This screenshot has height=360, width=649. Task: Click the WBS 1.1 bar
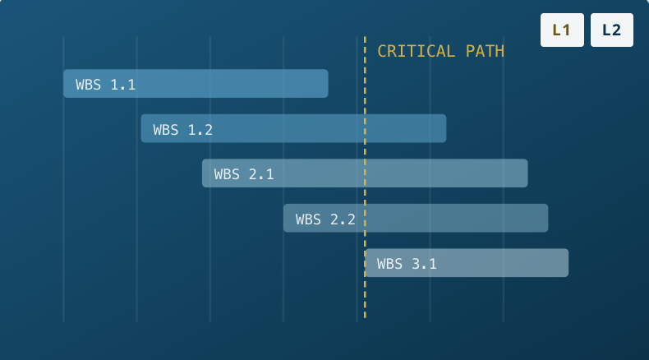click(x=196, y=84)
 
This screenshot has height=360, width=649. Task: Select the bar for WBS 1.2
click(x=293, y=128)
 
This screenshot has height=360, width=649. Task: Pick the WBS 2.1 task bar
click(x=365, y=173)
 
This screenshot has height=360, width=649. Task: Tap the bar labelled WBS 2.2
click(x=416, y=218)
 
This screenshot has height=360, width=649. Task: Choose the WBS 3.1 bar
click(x=467, y=263)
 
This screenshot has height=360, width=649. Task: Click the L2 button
click(x=612, y=30)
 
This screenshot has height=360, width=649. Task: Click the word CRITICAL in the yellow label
click(x=416, y=51)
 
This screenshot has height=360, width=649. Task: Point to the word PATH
click(x=485, y=51)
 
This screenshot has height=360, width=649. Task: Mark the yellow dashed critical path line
click(x=365, y=178)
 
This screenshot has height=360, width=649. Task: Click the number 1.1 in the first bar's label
click(x=123, y=85)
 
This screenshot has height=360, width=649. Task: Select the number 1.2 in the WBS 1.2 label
click(x=200, y=130)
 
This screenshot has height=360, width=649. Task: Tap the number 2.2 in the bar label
click(x=343, y=219)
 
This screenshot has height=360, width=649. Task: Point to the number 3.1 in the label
click(x=424, y=264)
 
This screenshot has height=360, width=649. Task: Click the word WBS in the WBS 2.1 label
click(x=227, y=174)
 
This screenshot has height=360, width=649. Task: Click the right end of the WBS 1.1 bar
click(x=328, y=84)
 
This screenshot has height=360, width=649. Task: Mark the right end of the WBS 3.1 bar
click(x=568, y=263)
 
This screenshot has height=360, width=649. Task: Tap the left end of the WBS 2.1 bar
click(x=202, y=173)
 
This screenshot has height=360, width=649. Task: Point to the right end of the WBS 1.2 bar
click(x=446, y=128)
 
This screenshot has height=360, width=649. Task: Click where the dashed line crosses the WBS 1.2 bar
click(x=365, y=128)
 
